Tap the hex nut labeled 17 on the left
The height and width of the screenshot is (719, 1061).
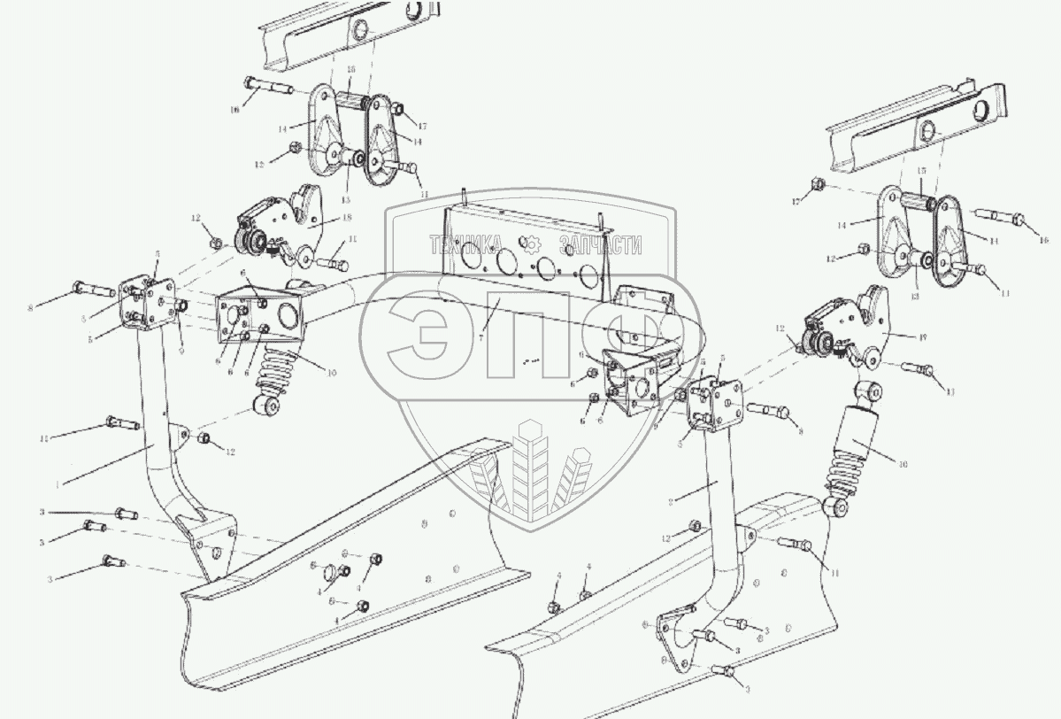[396, 110]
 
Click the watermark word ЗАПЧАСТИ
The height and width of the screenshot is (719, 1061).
[599, 245]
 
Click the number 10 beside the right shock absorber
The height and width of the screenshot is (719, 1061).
[902, 461]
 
